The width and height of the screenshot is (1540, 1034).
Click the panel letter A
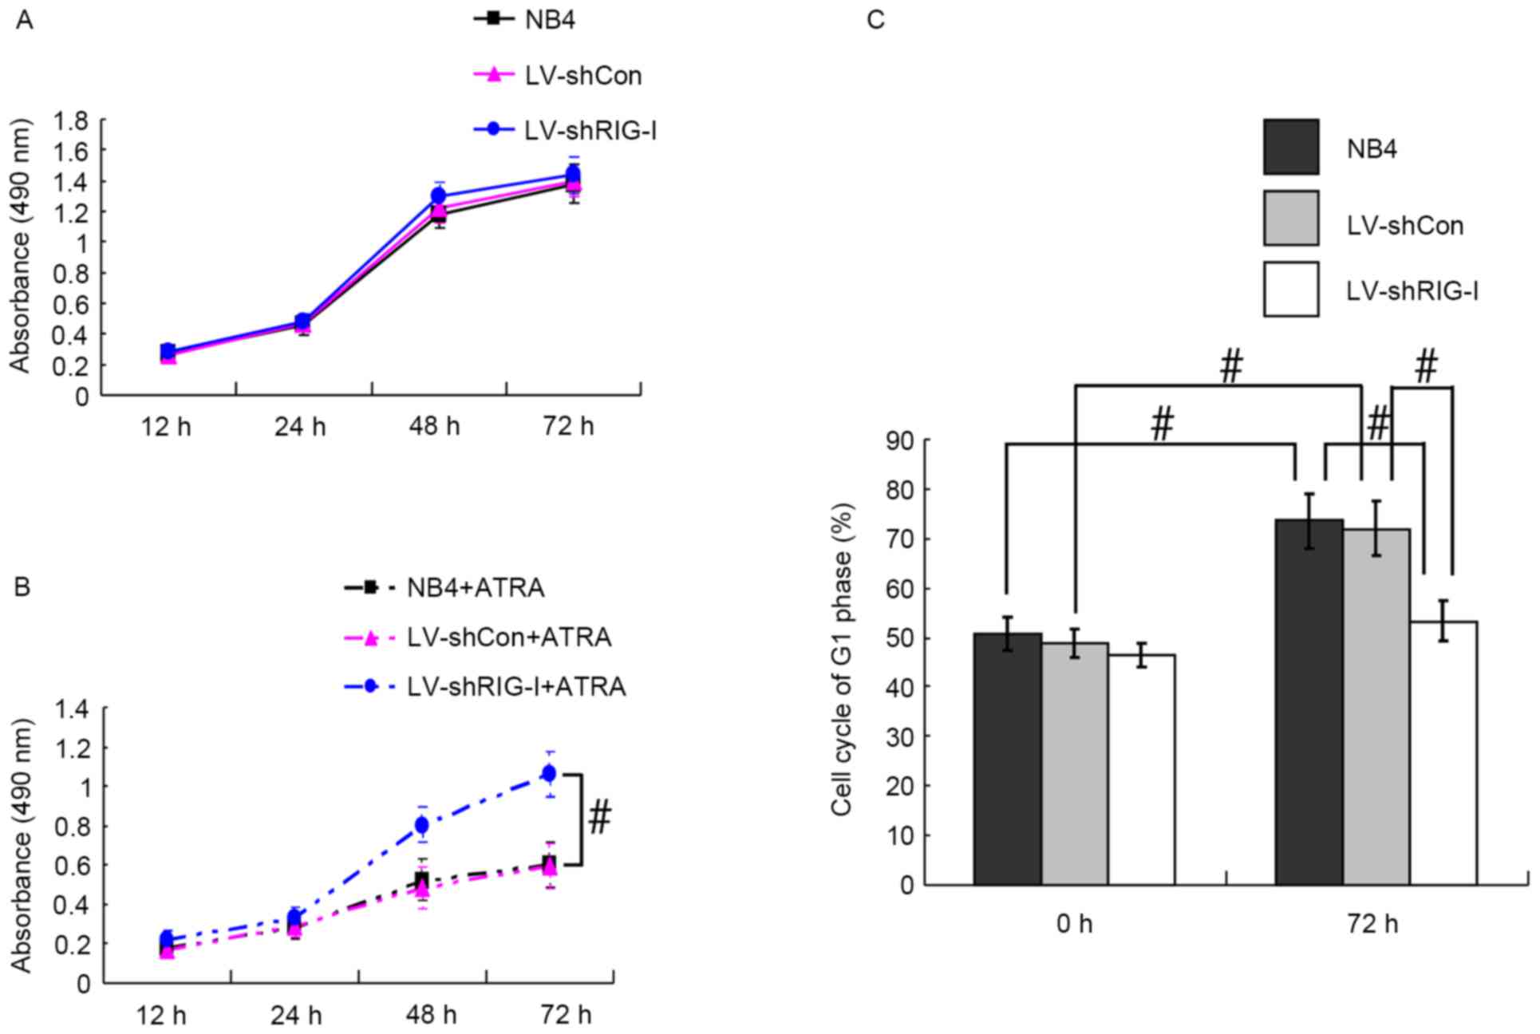(x=25, y=20)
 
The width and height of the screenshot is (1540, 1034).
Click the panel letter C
(x=875, y=20)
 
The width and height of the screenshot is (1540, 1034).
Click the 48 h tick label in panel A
(x=434, y=427)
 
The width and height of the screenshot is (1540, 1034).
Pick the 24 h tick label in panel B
(x=296, y=1016)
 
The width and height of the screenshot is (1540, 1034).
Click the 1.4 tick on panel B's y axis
(x=72, y=709)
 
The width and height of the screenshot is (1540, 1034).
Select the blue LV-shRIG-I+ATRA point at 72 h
(x=549, y=772)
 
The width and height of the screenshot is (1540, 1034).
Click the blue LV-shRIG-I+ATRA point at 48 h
(x=421, y=824)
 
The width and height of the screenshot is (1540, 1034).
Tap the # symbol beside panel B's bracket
(x=600, y=819)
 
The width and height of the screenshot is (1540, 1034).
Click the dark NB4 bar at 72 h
(x=1309, y=702)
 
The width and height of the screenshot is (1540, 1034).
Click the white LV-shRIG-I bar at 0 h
(x=1142, y=770)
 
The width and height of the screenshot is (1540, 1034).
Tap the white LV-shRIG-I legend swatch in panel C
(x=1290, y=290)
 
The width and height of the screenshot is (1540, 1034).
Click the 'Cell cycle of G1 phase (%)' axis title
(x=843, y=659)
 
